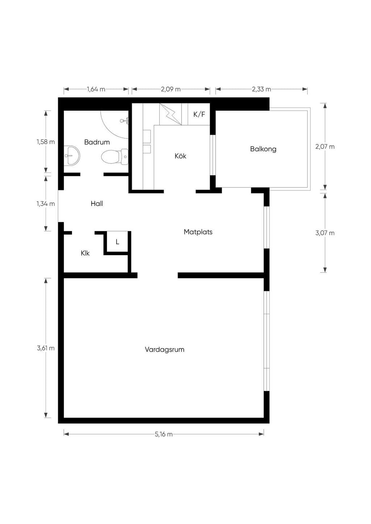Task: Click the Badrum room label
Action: (x=97, y=142)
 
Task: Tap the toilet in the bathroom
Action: (x=115, y=156)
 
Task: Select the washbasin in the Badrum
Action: (x=72, y=156)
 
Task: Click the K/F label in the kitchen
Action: (x=199, y=114)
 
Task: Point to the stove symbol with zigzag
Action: (x=171, y=114)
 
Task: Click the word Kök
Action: (x=180, y=156)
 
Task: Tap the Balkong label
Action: (x=263, y=149)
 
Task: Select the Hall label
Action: (x=97, y=203)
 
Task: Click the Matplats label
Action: (x=198, y=232)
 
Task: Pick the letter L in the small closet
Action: (x=118, y=242)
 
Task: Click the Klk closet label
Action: (x=85, y=253)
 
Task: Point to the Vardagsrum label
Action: (x=164, y=350)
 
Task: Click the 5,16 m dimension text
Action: (x=164, y=434)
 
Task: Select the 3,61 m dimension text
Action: (x=46, y=348)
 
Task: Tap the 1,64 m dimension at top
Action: (x=96, y=89)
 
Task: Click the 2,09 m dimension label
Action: (x=171, y=89)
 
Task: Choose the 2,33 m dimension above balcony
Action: (x=262, y=89)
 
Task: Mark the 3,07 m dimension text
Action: (x=325, y=233)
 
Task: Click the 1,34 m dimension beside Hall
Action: (x=46, y=204)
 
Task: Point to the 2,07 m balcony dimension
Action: (x=325, y=147)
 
